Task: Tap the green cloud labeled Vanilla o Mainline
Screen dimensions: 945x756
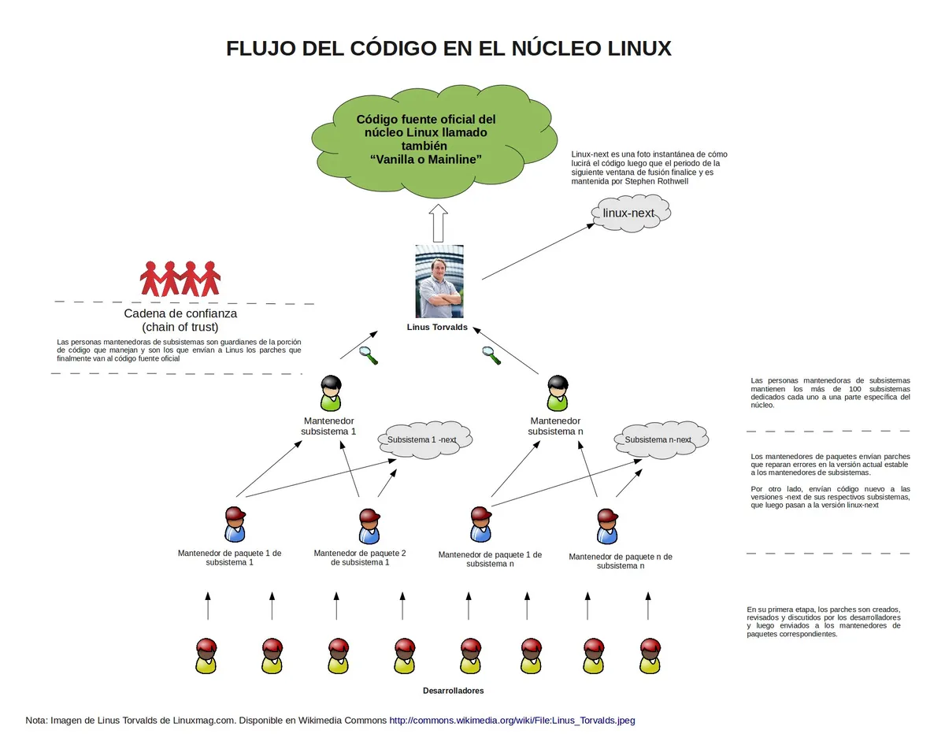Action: click(x=434, y=141)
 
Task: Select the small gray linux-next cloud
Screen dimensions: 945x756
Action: click(x=631, y=213)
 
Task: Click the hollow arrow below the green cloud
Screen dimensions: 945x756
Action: click(x=439, y=223)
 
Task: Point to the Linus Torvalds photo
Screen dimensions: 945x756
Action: click(x=439, y=282)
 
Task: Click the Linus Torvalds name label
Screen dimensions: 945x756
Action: click(x=437, y=328)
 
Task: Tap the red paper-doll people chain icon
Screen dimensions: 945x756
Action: click(x=180, y=279)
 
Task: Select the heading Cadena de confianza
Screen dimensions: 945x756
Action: click(x=180, y=313)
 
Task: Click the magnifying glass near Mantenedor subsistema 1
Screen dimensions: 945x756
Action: click(x=369, y=355)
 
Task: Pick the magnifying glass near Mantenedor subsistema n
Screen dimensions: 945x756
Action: click(x=491, y=355)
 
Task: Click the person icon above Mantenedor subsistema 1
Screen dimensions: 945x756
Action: click(x=331, y=393)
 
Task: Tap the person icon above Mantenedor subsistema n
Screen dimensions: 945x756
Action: click(x=558, y=393)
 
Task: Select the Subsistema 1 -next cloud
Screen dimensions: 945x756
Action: click(x=424, y=439)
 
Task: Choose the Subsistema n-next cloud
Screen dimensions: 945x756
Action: click(x=661, y=439)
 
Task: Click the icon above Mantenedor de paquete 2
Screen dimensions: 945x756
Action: click(x=369, y=526)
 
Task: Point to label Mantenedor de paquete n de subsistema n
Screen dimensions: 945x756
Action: click(x=621, y=561)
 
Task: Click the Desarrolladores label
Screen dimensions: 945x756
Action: click(x=453, y=691)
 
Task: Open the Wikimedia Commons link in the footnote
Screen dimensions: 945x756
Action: click(x=512, y=721)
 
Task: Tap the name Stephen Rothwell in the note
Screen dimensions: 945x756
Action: click(x=657, y=181)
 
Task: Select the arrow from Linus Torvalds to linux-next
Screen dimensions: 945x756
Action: click(x=539, y=251)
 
